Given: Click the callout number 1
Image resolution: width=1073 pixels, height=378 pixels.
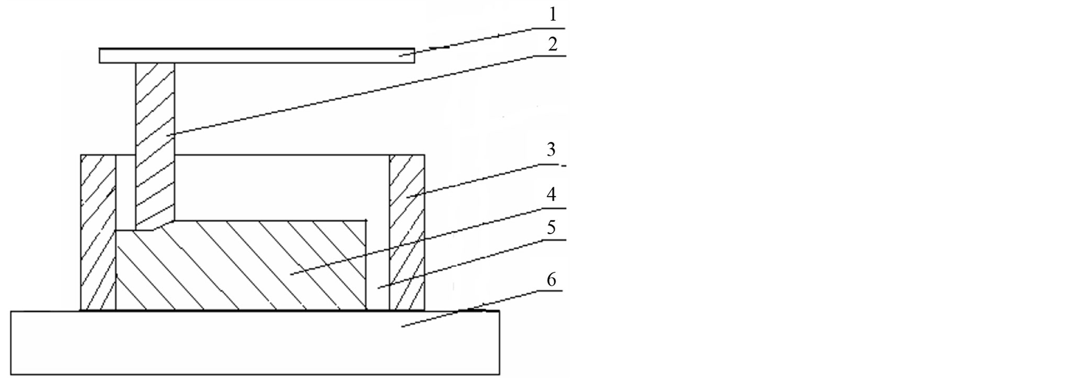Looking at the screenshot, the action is pos(553,15).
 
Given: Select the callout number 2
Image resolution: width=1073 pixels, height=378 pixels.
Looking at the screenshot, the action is pos(553,45).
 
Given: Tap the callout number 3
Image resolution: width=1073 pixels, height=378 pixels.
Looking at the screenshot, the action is pos(552,149).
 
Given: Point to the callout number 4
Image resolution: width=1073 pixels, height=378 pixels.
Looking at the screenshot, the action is pos(552,194).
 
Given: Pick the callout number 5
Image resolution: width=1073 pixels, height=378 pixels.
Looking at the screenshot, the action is pos(552,228).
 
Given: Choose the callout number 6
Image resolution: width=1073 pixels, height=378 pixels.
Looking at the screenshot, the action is pos(552,279).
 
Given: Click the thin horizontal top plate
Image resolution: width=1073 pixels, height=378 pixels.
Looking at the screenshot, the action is pos(257,55).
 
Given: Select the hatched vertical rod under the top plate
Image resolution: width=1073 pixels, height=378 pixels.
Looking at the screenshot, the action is pos(155,146).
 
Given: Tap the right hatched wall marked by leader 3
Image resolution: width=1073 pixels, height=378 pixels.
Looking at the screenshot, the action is pos(407,232).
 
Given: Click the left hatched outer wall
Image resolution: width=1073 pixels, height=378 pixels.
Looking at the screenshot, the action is pos(98,232).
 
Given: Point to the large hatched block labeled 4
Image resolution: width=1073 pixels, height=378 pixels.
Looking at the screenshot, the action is pos(241,265).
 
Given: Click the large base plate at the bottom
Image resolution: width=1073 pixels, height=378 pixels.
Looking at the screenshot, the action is pos(255,342).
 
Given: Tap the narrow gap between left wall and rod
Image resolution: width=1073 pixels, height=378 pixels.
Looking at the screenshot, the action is pos(126,193).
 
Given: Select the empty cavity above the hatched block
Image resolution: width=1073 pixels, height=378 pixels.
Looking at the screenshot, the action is pos(282,187).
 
